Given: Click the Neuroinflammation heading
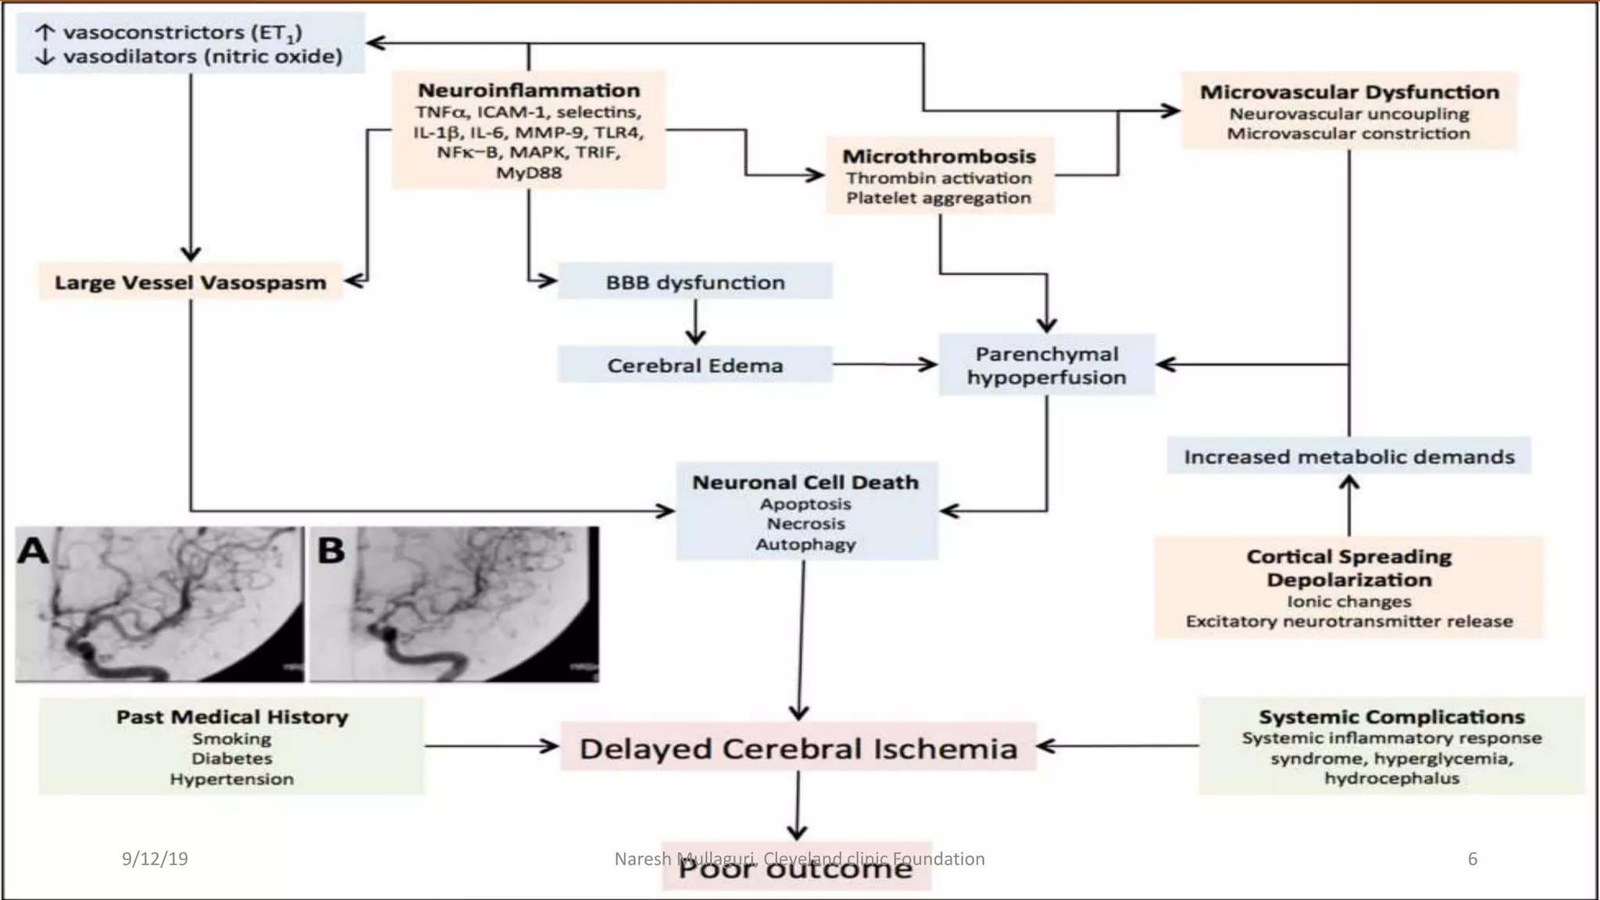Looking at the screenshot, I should coord(529,91).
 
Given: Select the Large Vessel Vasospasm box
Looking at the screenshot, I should coord(191,282).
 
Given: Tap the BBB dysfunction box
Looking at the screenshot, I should coord(695,282).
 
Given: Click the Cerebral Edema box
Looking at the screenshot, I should coord(695,366).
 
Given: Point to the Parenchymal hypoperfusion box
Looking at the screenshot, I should coord(1046,365).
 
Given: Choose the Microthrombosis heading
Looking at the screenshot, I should coord(939,156).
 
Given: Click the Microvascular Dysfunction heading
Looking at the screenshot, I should coord(1349,92).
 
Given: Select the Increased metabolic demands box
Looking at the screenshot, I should coord(1349,456).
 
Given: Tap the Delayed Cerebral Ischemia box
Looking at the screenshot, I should coord(798,748).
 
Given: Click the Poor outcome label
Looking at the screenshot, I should coord(796,869).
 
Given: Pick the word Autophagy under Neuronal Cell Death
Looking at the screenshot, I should coord(805,545).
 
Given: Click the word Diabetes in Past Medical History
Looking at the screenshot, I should coord(232,759).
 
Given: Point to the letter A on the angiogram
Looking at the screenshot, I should coord(34,551).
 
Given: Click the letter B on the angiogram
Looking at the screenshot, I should coord(331,551).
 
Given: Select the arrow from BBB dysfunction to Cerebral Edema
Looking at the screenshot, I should coord(695,322).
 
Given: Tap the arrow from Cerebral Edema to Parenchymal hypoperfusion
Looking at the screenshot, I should coord(885,364).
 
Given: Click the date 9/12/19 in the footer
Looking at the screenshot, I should coord(155,859).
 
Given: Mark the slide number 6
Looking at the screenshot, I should coord(1473,859).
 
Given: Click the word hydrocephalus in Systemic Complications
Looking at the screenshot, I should coord(1391,778).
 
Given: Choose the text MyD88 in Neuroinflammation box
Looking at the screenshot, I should coord(529,173).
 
